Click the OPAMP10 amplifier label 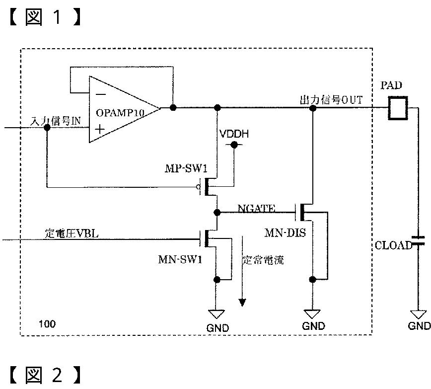(x=120, y=113)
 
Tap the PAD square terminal (x=397, y=108)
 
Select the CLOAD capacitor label (x=393, y=245)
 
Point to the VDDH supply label (x=234, y=134)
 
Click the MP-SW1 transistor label (x=186, y=168)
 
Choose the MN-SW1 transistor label (x=180, y=259)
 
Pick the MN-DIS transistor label (x=285, y=233)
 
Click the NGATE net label (x=256, y=208)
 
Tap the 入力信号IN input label (x=55, y=121)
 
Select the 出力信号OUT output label (x=331, y=100)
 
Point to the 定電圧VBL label (x=72, y=233)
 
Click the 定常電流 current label (x=263, y=260)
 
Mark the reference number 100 (x=47, y=324)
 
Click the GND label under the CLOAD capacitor (x=419, y=326)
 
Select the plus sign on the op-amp (x=100, y=129)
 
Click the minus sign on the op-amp (x=101, y=95)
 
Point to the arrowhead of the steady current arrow (x=242, y=303)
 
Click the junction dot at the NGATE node (x=217, y=212)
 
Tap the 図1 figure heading (x=45, y=17)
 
